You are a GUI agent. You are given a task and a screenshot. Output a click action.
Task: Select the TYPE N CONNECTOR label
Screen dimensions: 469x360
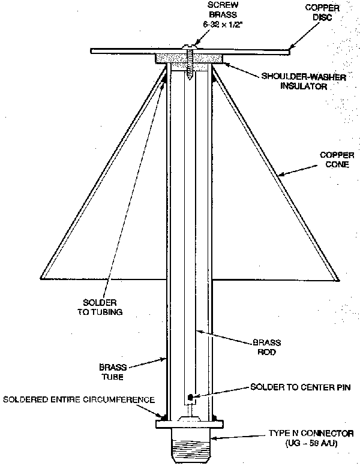312,433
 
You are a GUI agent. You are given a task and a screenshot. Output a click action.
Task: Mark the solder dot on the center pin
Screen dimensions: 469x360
190,396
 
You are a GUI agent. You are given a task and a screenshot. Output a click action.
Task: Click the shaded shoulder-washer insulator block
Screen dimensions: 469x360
190,58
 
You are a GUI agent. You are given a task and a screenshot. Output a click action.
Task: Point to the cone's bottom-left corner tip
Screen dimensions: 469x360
41,278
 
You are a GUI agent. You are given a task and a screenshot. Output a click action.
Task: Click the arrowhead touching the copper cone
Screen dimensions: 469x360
278,176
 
